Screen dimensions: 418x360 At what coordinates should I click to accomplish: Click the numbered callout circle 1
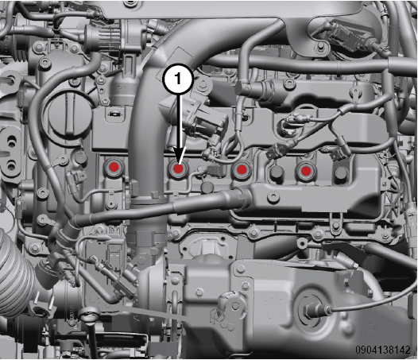[178, 79]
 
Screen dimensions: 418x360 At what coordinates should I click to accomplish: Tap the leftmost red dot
[114, 167]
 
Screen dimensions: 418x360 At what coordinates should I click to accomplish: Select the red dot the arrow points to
[178, 168]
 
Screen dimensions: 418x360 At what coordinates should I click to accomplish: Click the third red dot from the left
[242, 169]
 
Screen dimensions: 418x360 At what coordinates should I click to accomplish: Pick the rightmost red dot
[306, 171]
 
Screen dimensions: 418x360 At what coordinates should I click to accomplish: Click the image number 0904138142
[382, 350]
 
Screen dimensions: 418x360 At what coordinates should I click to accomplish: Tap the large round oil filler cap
[70, 113]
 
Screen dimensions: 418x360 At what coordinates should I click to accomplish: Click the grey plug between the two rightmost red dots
[276, 172]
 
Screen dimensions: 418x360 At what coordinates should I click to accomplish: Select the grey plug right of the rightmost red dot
[341, 173]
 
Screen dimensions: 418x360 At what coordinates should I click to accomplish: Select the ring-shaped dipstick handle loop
[89, 315]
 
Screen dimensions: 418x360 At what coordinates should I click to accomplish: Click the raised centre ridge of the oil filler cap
[71, 113]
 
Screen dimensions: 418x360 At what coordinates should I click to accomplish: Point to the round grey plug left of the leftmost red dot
[80, 157]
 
